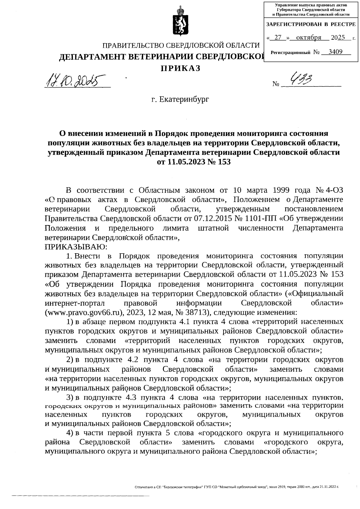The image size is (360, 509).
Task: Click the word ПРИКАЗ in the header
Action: click(180, 68)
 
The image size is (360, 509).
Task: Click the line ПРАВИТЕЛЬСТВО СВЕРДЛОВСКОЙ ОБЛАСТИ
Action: click(181, 46)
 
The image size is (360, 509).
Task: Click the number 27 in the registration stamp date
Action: click(278, 38)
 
